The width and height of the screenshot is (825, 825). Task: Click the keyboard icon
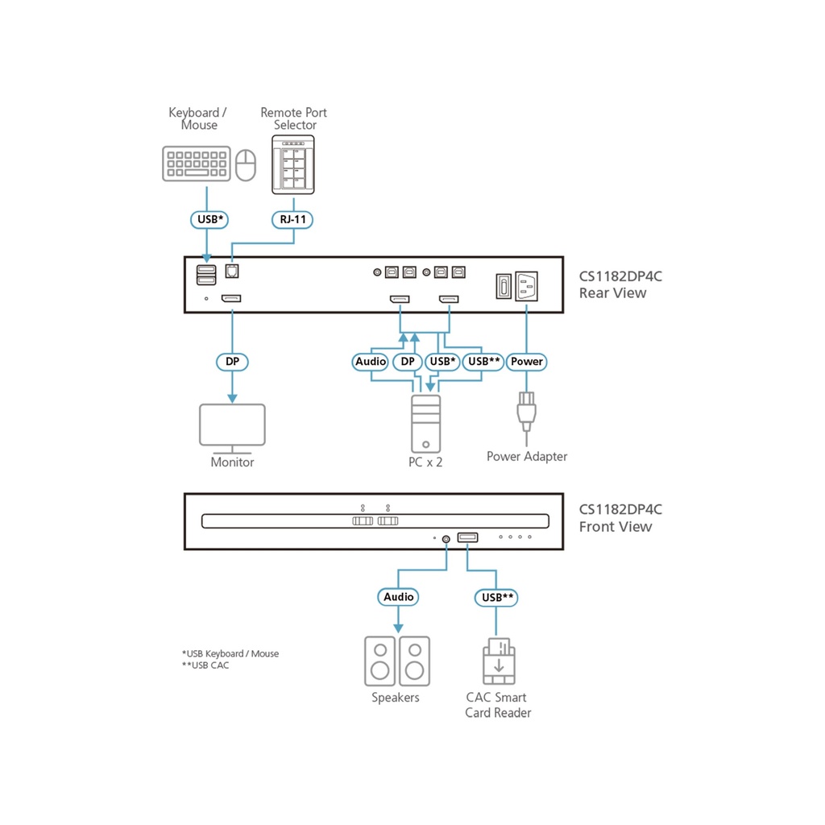coord(197,164)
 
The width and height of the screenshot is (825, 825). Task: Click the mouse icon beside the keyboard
coord(246,164)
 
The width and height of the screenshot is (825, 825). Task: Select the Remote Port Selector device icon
coord(293,164)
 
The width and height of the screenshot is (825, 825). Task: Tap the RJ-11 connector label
coord(293,219)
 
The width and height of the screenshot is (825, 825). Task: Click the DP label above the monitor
coord(232,362)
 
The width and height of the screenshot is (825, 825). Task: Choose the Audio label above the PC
coord(371,362)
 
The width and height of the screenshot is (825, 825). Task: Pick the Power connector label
coord(527,362)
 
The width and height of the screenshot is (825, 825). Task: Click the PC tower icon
coord(425,423)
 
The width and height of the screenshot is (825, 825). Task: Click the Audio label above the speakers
coord(398,597)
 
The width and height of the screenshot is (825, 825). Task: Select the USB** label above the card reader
coord(496,597)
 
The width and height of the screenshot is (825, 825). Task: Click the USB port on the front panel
coord(467,537)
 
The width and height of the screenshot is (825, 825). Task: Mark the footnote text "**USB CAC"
coord(205,665)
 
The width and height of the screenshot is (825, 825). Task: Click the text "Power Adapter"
coord(527,457)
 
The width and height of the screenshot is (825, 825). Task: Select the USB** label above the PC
coord(484,362)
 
